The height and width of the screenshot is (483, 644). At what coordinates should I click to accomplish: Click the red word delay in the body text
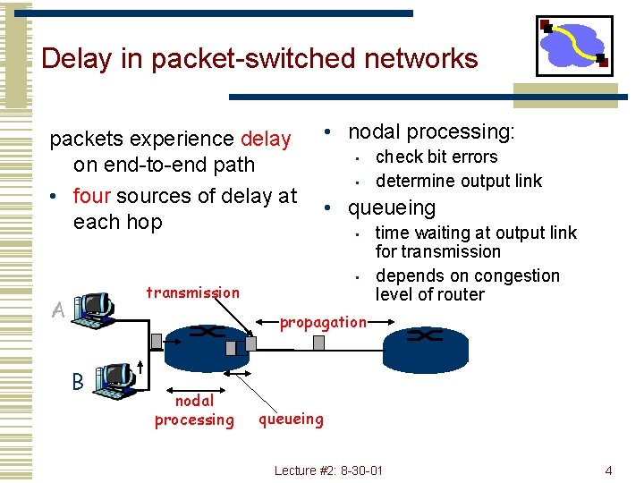[266, 140]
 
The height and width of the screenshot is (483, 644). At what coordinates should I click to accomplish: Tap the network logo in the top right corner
[573, 45]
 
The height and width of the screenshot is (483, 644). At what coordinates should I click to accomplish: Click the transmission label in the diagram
[192, 292]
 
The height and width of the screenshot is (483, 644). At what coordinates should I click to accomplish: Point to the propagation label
[323, 322]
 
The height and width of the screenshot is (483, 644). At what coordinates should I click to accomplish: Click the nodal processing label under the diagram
[194, 411]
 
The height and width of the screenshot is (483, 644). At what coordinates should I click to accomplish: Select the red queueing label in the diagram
[291, 418]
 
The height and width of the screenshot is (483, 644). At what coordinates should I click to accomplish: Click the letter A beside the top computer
[58, 310]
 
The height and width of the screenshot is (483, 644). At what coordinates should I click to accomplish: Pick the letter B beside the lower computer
[77, 381]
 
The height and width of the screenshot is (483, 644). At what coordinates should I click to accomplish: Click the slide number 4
[608, 470]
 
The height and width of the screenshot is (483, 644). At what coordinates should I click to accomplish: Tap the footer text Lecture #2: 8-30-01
[328, 470]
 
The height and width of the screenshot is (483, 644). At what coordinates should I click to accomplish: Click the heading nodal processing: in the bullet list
[431, 132]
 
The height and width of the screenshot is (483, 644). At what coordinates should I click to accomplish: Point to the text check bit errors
[436, 157]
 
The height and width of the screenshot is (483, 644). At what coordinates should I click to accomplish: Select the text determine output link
[459, 181]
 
